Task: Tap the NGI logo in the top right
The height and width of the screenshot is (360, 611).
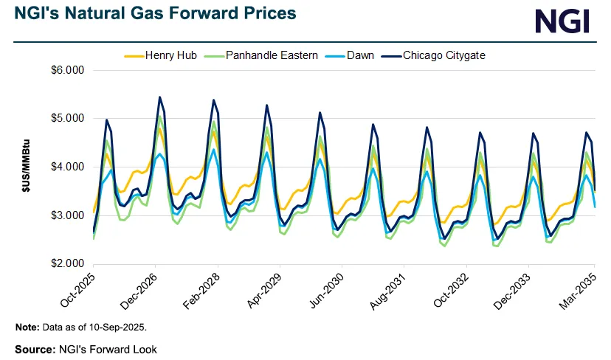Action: click(562, 21)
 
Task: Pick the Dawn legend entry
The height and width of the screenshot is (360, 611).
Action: click(356, 55)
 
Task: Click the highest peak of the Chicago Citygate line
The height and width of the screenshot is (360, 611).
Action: click(159, 97)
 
